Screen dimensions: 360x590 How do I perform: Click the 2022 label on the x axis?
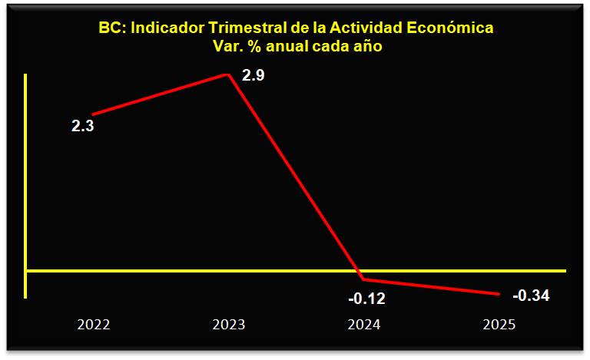click(94, 324)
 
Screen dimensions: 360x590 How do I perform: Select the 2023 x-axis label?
click(228, 324)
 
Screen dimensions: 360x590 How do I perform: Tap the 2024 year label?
click(363, 324)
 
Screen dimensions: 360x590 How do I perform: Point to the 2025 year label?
click(499, 324)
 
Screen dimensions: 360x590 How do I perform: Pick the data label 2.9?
click(253, 76)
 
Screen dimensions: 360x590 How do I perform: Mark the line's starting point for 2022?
click(93, 114)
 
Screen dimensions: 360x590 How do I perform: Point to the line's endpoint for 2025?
click(499, 294)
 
